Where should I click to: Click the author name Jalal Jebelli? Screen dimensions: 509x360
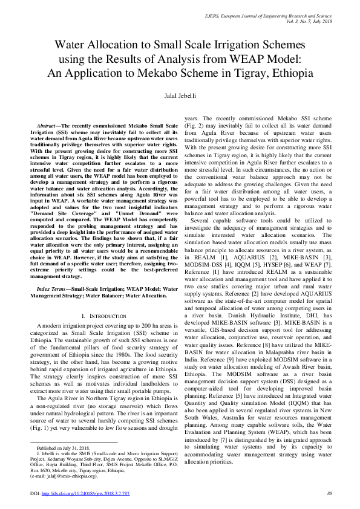(180, 96)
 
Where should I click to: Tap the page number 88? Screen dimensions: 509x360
(330, 494)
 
